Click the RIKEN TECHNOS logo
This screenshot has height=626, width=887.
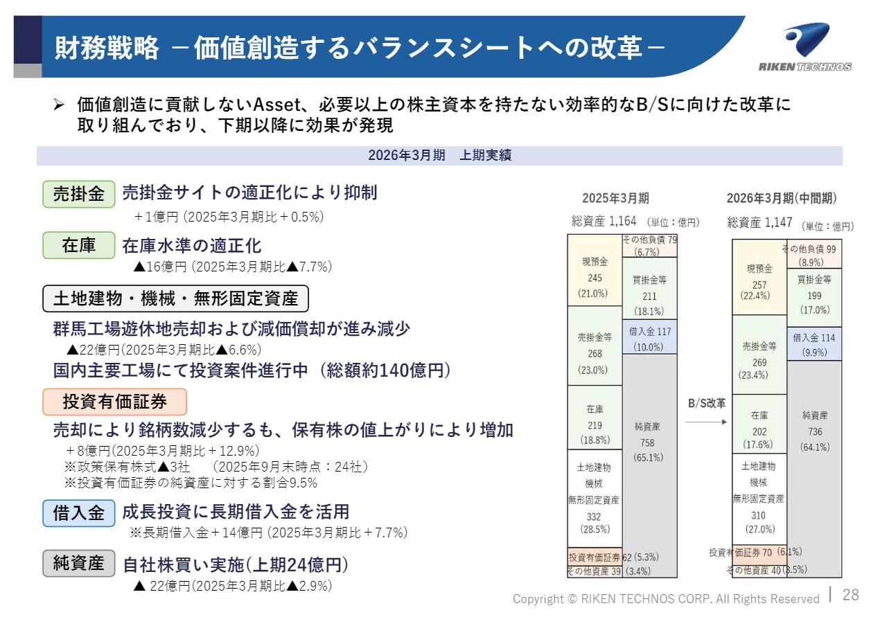pyautogui.click(x=805, y=48)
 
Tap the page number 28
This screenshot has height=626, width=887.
pyautogui.click(x=850, y=595)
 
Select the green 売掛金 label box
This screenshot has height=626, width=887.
pyautogui.click(x=79, y=194)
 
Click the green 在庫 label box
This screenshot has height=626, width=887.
pyautogui.click(x=79, y=245)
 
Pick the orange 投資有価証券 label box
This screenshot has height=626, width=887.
pyautogui.click(x=114, y=402)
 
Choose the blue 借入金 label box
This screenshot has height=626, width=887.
pyautogui.click(x=79, y=513)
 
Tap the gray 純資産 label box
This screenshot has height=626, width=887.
pyautogui.click(x=79, y=563)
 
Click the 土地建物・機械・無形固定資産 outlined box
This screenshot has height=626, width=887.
pyautogui.click(x=175, y=298)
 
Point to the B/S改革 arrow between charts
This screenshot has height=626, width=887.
pyautogui.click(x=706, y=422)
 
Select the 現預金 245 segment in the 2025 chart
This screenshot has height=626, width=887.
pyautogui.click(x=595, y=270)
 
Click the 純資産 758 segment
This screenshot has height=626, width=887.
pyautogui.click(x=649, y=465)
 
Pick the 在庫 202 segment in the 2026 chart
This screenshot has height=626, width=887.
pyautogui.click(x=759, y=424)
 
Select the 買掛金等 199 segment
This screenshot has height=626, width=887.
pyautogui.click(x=814, y=298)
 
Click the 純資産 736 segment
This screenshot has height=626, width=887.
pyautogui.click(x=814, y=469)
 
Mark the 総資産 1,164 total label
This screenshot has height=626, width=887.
pyautogui.click(x=604, y=221)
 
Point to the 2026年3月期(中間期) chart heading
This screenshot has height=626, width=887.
pyautogui.click(x=781, y=198)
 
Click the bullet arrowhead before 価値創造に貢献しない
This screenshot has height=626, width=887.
pyautogui.click(x=59, y=105)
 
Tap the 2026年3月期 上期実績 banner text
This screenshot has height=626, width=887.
pyautogui.click(x=439, y=155)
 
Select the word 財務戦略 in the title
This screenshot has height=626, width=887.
pyautogui.click(x=107, y=48)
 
